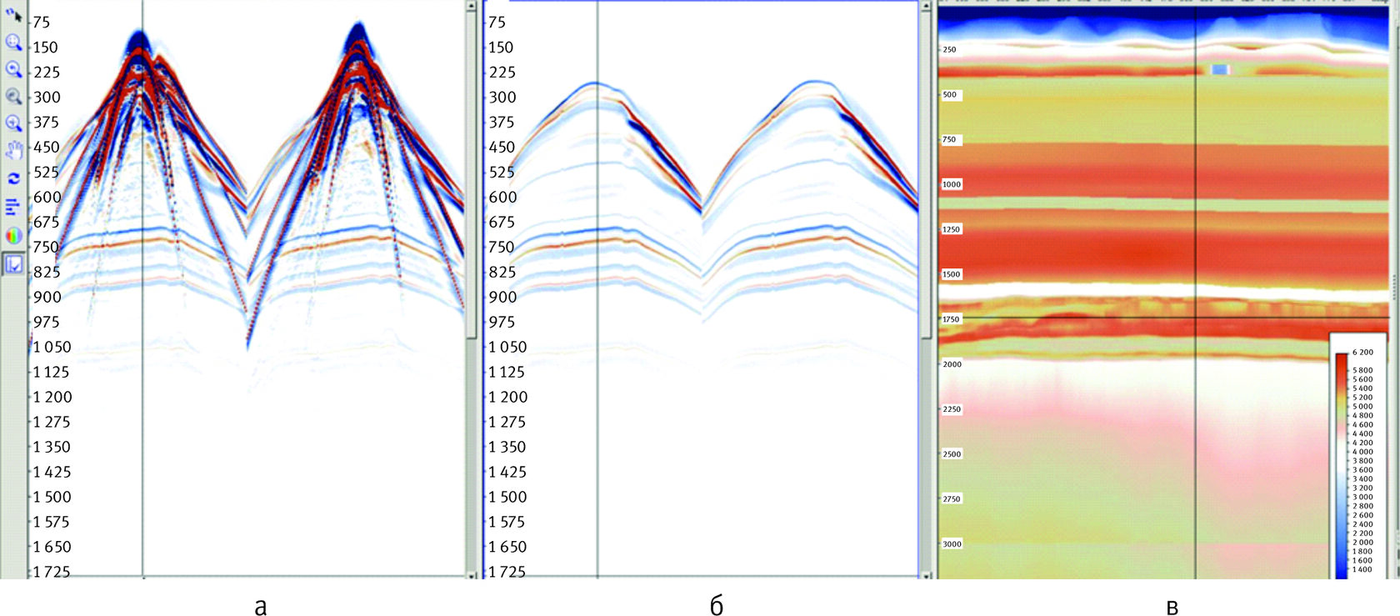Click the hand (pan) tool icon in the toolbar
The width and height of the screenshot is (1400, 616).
[13, 151]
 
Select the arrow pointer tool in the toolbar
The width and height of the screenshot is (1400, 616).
[13, 14]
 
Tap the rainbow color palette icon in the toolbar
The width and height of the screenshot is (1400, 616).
[13, 236]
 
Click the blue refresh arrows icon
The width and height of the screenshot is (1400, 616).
[13, 178]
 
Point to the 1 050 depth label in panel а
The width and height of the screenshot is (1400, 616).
[52, 347]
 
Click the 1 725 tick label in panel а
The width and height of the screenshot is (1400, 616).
[52, 572]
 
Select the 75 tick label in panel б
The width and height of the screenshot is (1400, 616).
[497, 23]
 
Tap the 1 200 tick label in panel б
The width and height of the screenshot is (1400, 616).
[507, 397]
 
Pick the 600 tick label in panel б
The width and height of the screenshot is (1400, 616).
[502, 197]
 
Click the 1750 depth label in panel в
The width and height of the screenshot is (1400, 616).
[951, 319]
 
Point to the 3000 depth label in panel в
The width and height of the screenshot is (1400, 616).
[951, 543]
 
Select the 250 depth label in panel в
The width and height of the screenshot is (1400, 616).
[949, 50]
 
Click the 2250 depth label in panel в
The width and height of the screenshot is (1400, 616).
[951, 409]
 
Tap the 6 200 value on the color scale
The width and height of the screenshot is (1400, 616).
[1362, 353]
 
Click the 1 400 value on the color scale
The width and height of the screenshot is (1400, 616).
[1362, 569]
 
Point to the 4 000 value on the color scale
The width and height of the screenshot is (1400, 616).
[1362, 452]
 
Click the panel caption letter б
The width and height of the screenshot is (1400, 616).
[716, 606]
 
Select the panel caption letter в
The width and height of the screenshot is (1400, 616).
[1172, 606]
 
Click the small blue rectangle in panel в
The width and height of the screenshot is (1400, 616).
[1220, 70]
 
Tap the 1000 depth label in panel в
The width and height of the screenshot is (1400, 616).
[951, 184]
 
